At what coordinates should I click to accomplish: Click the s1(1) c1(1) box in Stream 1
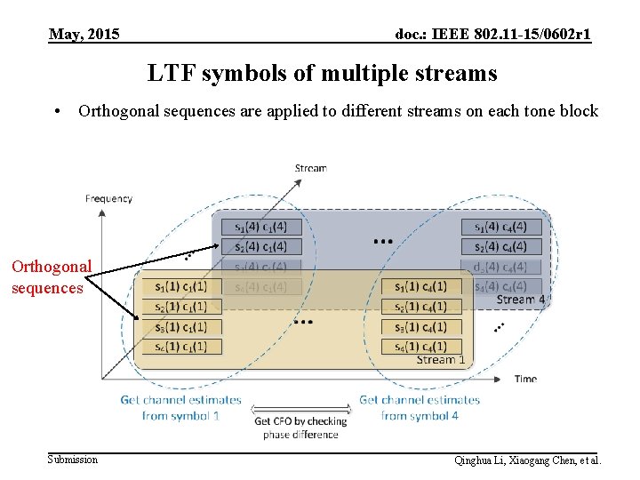181,286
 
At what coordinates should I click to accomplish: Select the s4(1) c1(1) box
181,347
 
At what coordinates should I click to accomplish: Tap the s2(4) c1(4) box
260,246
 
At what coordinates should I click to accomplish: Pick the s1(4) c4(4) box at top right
500,227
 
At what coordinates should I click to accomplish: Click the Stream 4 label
521,300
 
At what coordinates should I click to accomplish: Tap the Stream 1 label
441,360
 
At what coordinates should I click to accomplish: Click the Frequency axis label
108,199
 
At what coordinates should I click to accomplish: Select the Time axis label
525,379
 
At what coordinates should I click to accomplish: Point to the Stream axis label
310,168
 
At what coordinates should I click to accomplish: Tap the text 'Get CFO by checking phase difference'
300,428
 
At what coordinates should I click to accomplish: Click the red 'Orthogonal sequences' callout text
51,276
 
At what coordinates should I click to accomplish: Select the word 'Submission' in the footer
73,460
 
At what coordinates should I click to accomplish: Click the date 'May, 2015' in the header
84,36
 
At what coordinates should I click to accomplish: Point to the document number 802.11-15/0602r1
532,36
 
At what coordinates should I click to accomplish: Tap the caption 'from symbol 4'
420,415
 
